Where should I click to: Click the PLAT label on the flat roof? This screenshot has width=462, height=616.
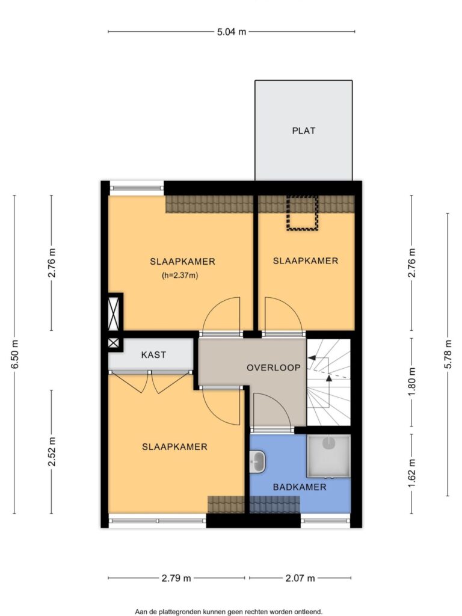click(303, 131)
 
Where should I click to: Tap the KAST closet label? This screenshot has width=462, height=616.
click(153, 355)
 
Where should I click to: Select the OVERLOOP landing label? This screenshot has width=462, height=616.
click(274, 368)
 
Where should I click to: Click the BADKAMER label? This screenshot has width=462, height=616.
click(300, 487)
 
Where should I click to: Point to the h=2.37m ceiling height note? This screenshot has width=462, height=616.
click(180, 276)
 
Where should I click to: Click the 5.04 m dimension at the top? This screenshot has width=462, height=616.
click(232, 32)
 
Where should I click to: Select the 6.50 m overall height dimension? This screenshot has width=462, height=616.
click(14, 354)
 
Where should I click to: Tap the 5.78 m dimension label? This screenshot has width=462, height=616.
click(448, 354)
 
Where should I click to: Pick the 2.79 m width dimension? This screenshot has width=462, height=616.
click(176, 578)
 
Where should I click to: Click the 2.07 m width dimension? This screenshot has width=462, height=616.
click(300, 578)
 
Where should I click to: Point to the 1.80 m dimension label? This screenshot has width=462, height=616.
click(411, 382)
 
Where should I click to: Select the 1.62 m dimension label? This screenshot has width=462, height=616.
click(411, 473)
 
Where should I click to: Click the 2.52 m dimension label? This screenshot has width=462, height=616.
click(52, 452)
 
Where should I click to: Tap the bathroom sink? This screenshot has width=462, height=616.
click(257, 461)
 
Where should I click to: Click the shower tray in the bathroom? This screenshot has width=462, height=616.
click(328, 456)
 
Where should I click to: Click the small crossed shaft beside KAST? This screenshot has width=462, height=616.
click(113, 343)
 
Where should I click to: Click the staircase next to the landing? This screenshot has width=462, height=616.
click(328, 382)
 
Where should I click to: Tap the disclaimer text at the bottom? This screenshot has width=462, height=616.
click(229, 612)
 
